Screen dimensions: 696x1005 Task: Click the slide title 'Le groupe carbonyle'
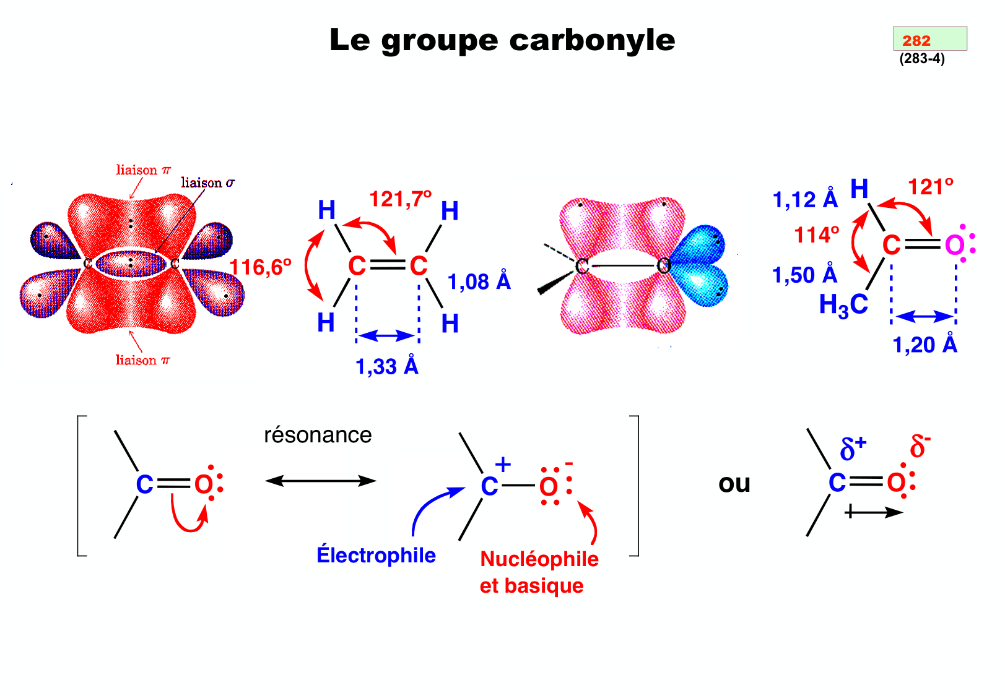[502, 41]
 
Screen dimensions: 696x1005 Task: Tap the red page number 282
[916, 41]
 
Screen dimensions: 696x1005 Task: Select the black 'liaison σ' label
[207, 183]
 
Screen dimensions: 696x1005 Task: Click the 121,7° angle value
[400, 199]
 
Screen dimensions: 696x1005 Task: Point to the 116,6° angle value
[260, 267]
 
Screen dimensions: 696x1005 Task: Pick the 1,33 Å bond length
[386, 366]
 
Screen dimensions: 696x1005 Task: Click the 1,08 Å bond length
[479, 281]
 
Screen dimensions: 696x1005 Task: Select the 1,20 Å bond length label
[924, 345]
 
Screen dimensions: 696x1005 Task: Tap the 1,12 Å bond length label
[804, 199]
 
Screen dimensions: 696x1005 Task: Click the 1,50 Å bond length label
[804, 275]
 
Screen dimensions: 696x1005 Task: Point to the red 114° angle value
[817, 235]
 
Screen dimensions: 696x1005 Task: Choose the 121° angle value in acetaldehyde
[930, 187]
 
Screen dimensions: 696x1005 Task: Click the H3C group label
[843, 305]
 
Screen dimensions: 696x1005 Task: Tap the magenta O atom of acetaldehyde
[954, 246]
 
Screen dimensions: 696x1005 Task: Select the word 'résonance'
[318, 435]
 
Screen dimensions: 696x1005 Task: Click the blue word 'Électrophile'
[376, 555]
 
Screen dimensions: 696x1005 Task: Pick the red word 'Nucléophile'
[539, 559]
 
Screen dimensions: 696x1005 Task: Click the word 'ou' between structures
[734, 483]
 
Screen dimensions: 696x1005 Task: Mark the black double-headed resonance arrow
[320, 481]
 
